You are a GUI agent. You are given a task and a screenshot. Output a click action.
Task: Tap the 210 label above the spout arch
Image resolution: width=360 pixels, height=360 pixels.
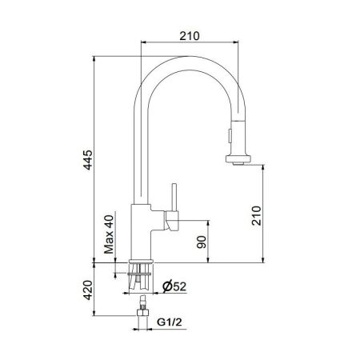click(190, 36)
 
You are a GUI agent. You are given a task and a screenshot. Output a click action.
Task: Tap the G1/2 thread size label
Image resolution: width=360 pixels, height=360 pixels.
click(167, 323)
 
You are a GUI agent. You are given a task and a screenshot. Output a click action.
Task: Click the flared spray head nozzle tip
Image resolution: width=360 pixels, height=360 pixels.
click(237, 159)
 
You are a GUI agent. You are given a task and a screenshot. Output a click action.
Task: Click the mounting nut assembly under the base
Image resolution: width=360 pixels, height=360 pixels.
click(142, 273)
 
